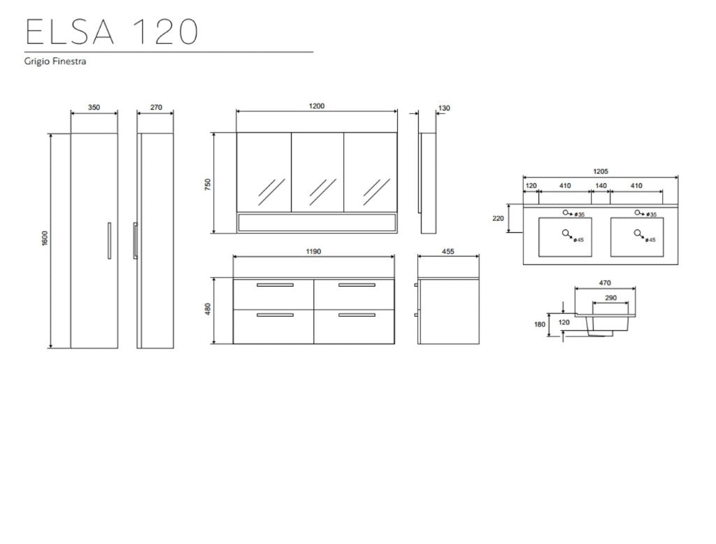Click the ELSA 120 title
pos(112,31)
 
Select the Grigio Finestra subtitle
pos(55,62)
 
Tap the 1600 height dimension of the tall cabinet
pos(44,239)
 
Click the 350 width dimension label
pos(94,108)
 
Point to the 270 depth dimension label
pos(156,108)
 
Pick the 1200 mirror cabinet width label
pos(317,106)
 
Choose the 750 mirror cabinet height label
pos(208,185)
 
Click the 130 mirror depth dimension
pos(444,108)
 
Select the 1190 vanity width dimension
pos(313,251)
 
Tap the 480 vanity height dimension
pos(208,309)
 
